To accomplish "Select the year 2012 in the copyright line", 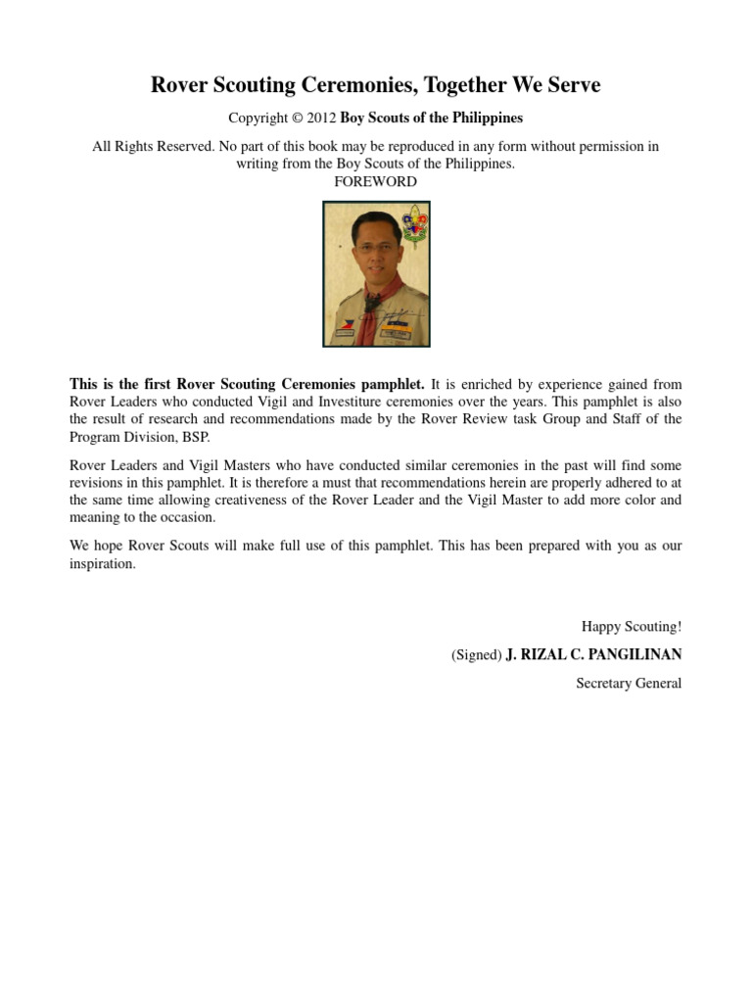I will [321, 119].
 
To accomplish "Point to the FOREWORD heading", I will [376, 182].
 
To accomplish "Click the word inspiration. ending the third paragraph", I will [103, 565].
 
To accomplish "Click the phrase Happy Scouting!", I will [632, 627].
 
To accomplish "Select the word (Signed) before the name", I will [476, 655].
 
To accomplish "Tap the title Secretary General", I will [629, 684].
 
